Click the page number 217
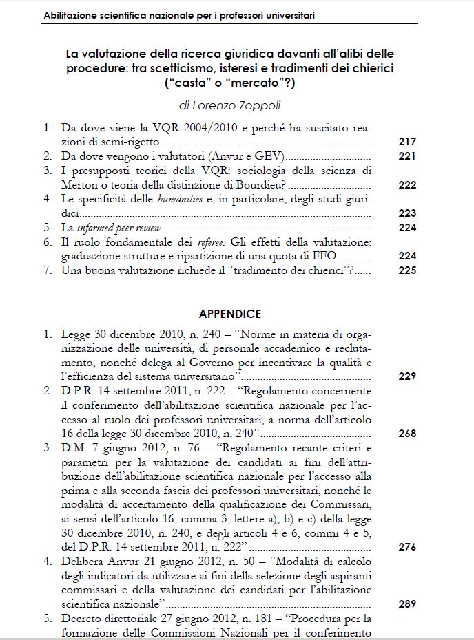(x=407, y=142)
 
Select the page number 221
(x=407, y=156)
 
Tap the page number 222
(x=407, y=185)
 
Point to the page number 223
(x=407, y=213)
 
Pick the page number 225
(x=407, y=270)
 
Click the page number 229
(x=407, y=376)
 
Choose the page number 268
(x=407, y=434)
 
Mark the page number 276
(x=407, y=547)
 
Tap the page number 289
(x=407, y=604)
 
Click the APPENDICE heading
(x=230, y=314)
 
